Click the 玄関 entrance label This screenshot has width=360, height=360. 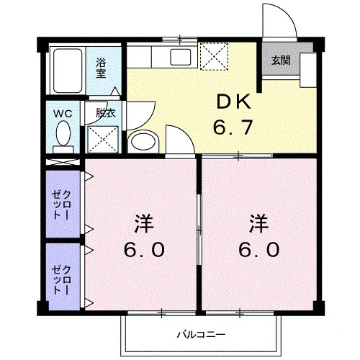click(x=281, y=60)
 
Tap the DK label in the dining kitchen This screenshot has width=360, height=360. click(x=233, y=102)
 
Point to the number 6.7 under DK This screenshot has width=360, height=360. click(x=233, y=127)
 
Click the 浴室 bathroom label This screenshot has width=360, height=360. click(x=101, y=68)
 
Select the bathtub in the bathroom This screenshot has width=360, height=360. click(x=68, y=71)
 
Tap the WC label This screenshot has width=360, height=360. click(x=63, y=114)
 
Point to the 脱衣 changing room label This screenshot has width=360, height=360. click(x=106, y=113)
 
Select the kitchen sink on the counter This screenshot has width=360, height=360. click(x=181, y=57)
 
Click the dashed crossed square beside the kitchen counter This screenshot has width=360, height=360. click(x=214, y=56)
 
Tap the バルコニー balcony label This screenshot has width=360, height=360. click(x=201, y=334)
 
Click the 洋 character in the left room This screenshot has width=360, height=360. click(x=144, y=224)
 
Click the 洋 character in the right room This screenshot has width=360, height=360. click(x=258, y=224)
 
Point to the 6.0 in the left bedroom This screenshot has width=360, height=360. click(x=144, y=249)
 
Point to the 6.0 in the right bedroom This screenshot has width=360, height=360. click(x=259, y=249)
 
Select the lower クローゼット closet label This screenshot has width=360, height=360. click(x=61, y=280)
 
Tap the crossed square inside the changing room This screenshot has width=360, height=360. click(x=103, y=140)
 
